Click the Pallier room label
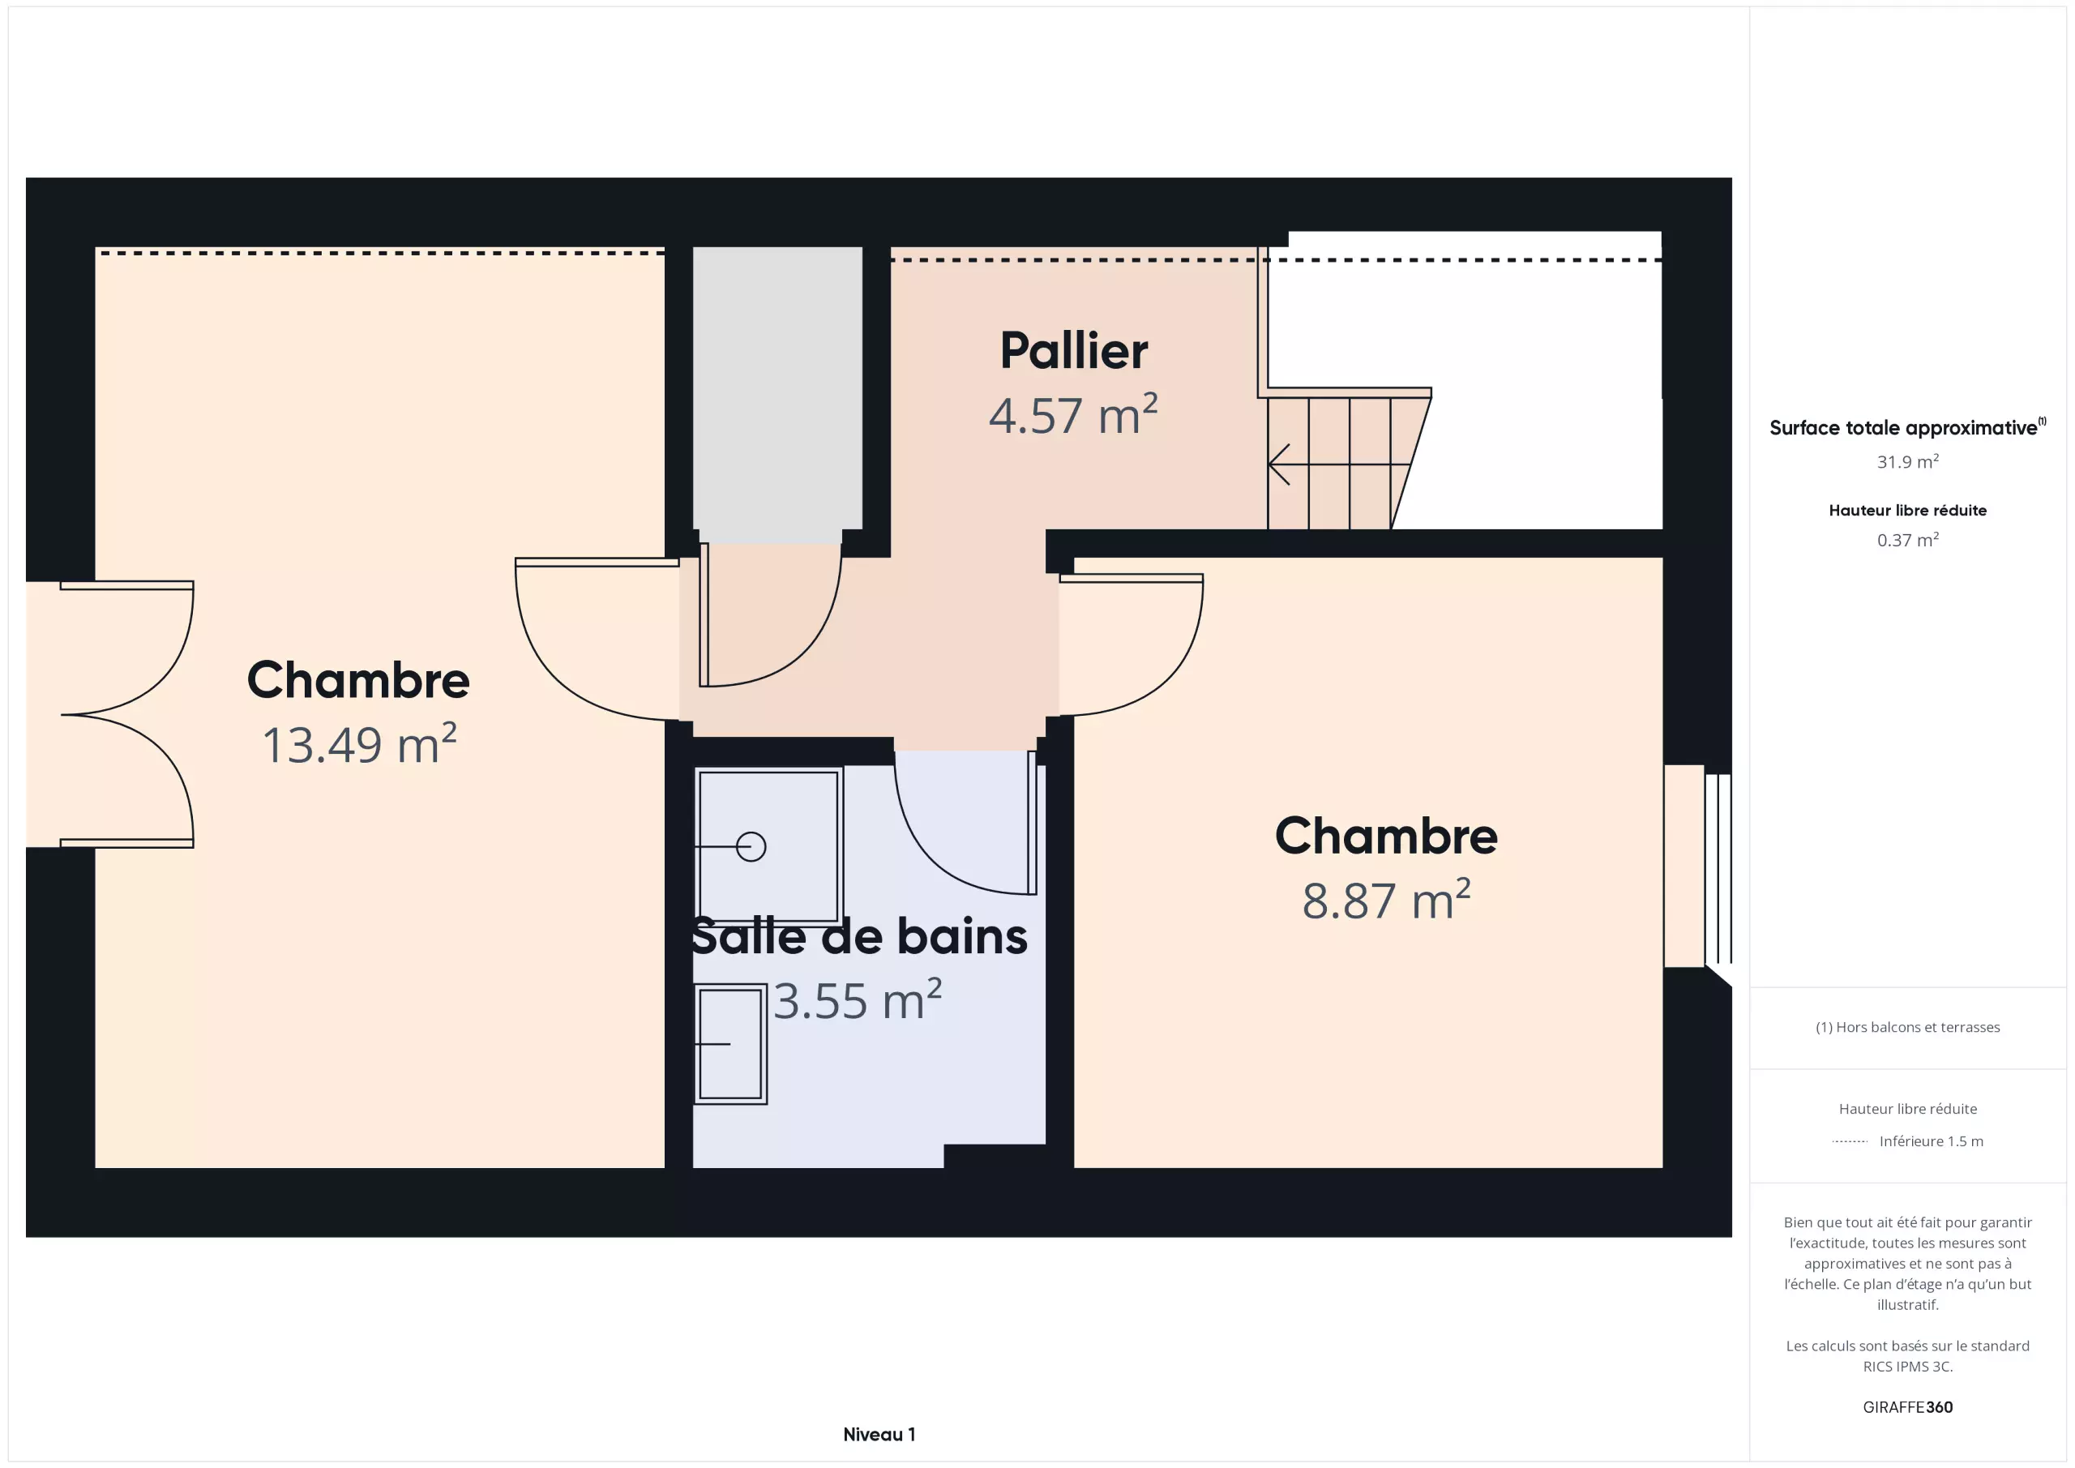1074,351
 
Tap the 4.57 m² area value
1074,415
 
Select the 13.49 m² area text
359,744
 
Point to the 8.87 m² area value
1386,900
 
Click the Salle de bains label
859,936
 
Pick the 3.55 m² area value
858,999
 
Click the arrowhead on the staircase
1278,464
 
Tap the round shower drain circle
751,847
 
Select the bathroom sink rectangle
731,1044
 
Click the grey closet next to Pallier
777,389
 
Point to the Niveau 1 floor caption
879,1435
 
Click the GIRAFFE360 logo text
1908,1407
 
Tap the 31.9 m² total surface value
1908,462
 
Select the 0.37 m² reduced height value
1908,540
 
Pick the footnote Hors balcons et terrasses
1908,1027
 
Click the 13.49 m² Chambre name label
359,681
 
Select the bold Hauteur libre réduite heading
1908,511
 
